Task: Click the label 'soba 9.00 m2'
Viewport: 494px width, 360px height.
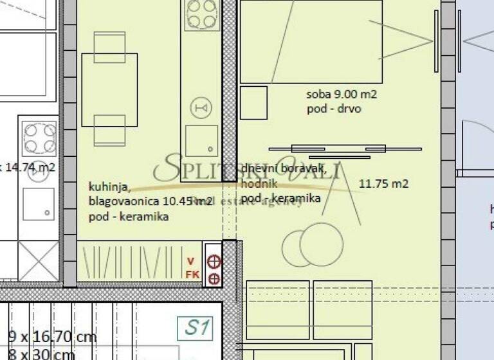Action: coord(342,95)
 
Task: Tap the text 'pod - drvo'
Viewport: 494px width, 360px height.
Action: coord(334,109)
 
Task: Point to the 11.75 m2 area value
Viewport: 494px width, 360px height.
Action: coord(383,184)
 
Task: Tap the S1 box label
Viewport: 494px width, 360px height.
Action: coord(197,328)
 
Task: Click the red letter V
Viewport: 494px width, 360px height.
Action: coord(190,261)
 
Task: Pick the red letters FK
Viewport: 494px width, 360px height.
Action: coord(191,274)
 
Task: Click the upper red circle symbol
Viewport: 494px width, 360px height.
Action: coord(214,262)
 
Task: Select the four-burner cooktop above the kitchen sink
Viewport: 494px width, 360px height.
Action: coord(201,15)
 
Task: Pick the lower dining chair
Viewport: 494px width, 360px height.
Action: coord(109,130)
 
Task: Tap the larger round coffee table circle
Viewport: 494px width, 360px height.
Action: coord(322,244)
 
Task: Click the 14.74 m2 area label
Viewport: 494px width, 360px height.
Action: coord(28,168)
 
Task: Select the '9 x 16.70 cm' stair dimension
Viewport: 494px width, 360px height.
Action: coord(51,336)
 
